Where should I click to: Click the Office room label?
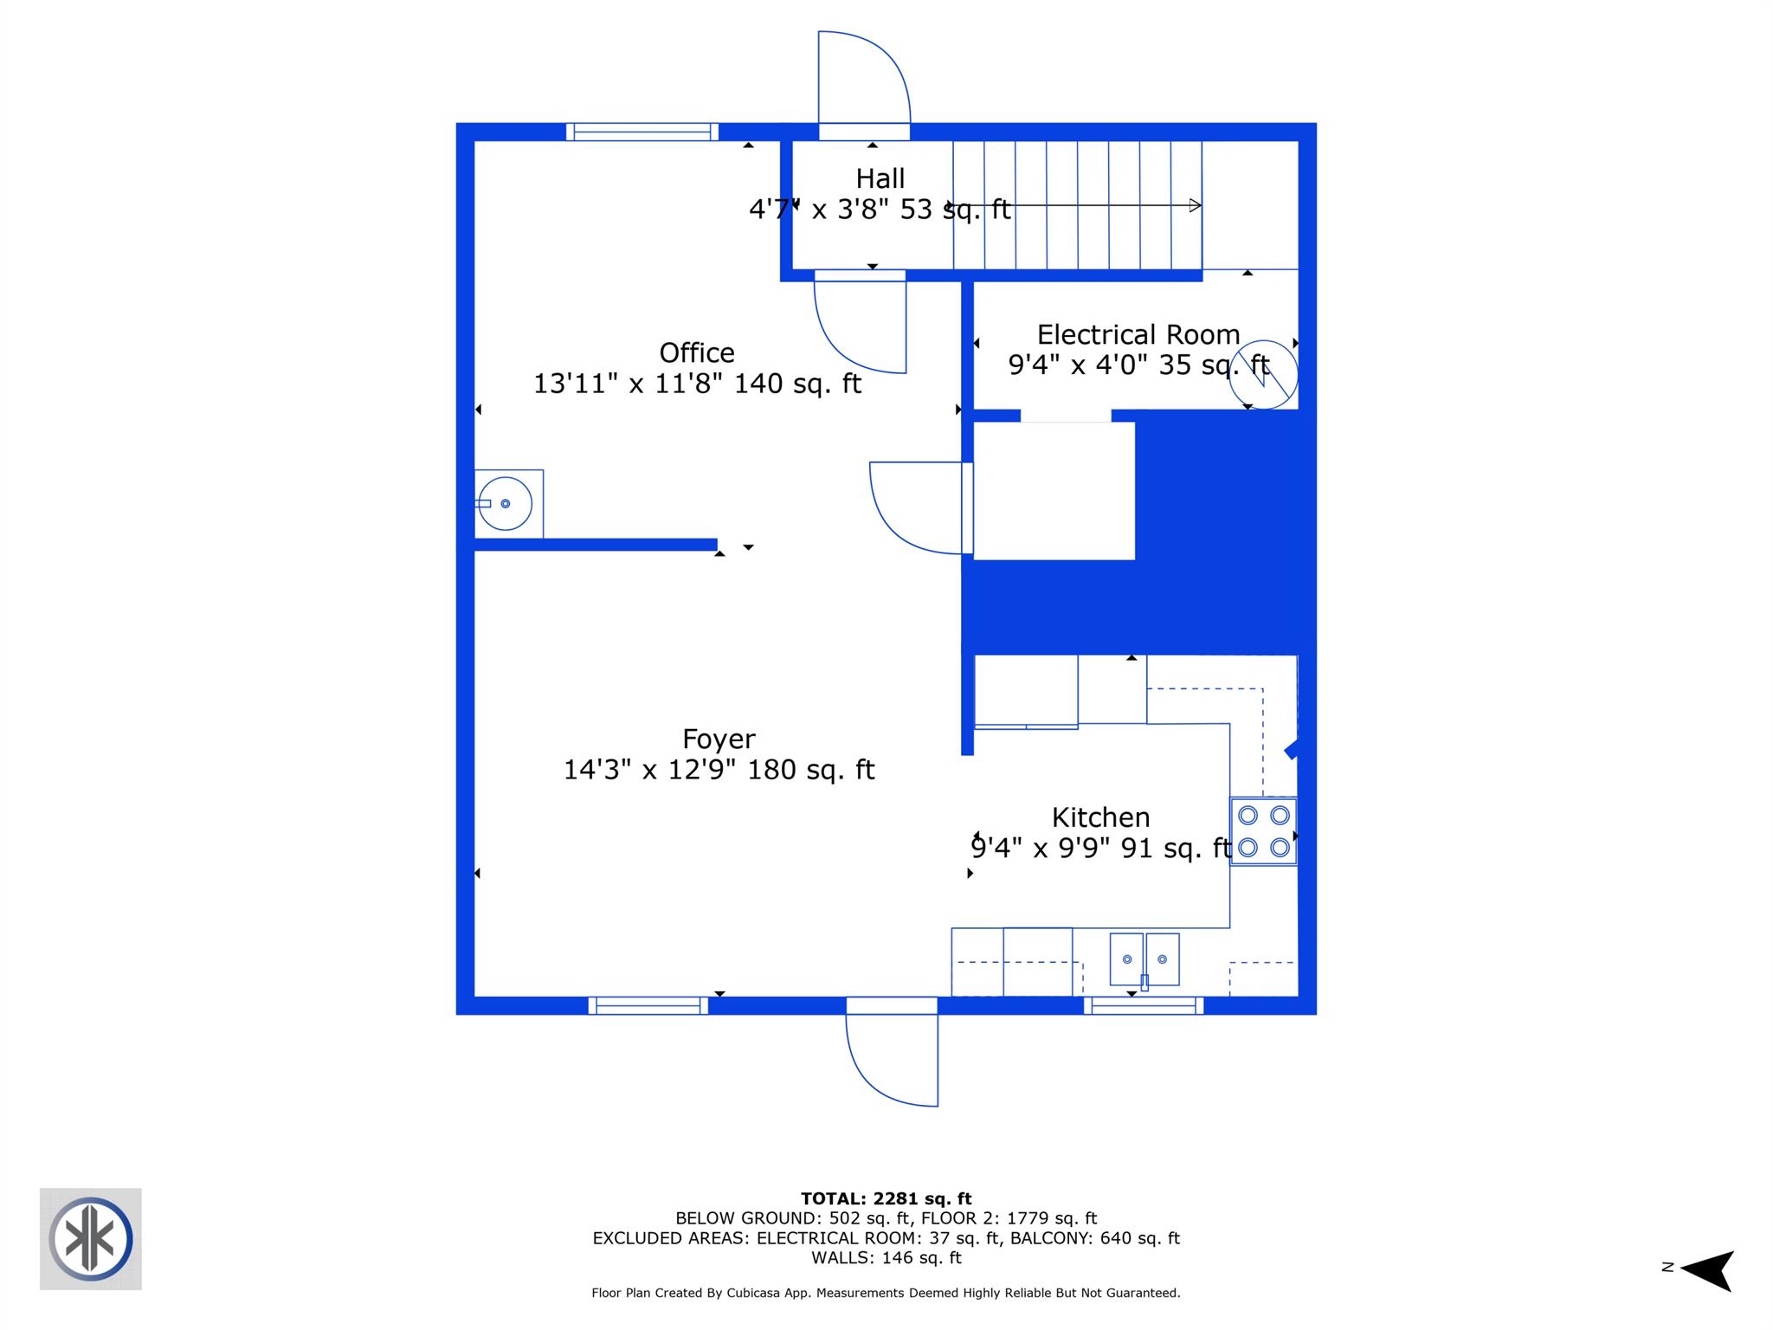pyautogui.click(x=696, y=353)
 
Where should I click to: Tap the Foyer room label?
pyautogui.click(x=718, y=739)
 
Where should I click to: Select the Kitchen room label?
pyautogui.click(x=1100, y=817)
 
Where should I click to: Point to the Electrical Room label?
pyautogui.click(x=1138, y=335)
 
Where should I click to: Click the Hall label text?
pyautogui.click(x=880, y=179)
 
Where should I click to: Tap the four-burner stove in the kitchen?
pyautogui.click(x=1263, y=831)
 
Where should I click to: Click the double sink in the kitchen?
pyautogui.click(x=1144, y=959)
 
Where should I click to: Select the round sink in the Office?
pyautogui.click(x=505, y=504)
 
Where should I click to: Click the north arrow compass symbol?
pyautogui.click(x=1705, y=1270)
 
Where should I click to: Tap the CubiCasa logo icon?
pyautogui.click(x=91, y=1238)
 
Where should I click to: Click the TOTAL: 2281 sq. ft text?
pyautogui.click(x=886, y=1199)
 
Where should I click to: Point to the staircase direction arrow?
pyautogui.click(x=1073, y=206)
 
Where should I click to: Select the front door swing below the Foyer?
pyautogui.click(x=892, y=1058)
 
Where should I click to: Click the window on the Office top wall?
pyautogui.click(x=642, y=132)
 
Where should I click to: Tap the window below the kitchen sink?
pyautogui.click(x=1143, y=1005)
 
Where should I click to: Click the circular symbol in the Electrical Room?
pyautogui.click(x=1263, y=375)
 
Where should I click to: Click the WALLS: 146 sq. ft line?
pyautogui.click(x=886, y=1258)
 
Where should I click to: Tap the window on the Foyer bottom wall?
pyautogui.click(x=648, y=1005)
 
